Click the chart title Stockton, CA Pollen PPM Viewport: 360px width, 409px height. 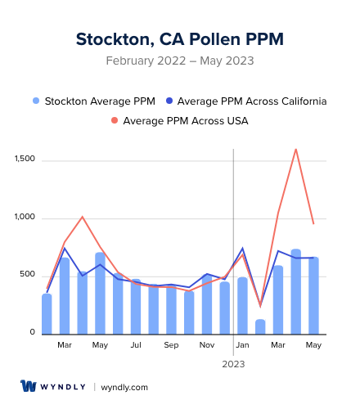(180, 39)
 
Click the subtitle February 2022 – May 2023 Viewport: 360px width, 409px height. (180, 61)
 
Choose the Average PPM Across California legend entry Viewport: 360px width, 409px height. (245, 101)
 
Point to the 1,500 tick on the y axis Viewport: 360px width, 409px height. (25, 159)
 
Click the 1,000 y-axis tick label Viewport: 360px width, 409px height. (25, 218)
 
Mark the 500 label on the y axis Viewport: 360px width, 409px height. (29, 275)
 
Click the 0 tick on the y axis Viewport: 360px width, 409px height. (33, 333)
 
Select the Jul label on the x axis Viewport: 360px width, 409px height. (136, 345)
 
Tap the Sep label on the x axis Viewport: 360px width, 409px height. (171, 345)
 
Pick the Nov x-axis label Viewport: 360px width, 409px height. (207, 345)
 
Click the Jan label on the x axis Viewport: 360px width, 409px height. (242, 345)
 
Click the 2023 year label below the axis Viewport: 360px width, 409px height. (234, 363)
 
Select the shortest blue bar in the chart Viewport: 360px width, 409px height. (260, 326)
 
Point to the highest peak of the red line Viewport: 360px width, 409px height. (295, 149)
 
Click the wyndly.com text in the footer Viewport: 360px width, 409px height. (124, 387)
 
